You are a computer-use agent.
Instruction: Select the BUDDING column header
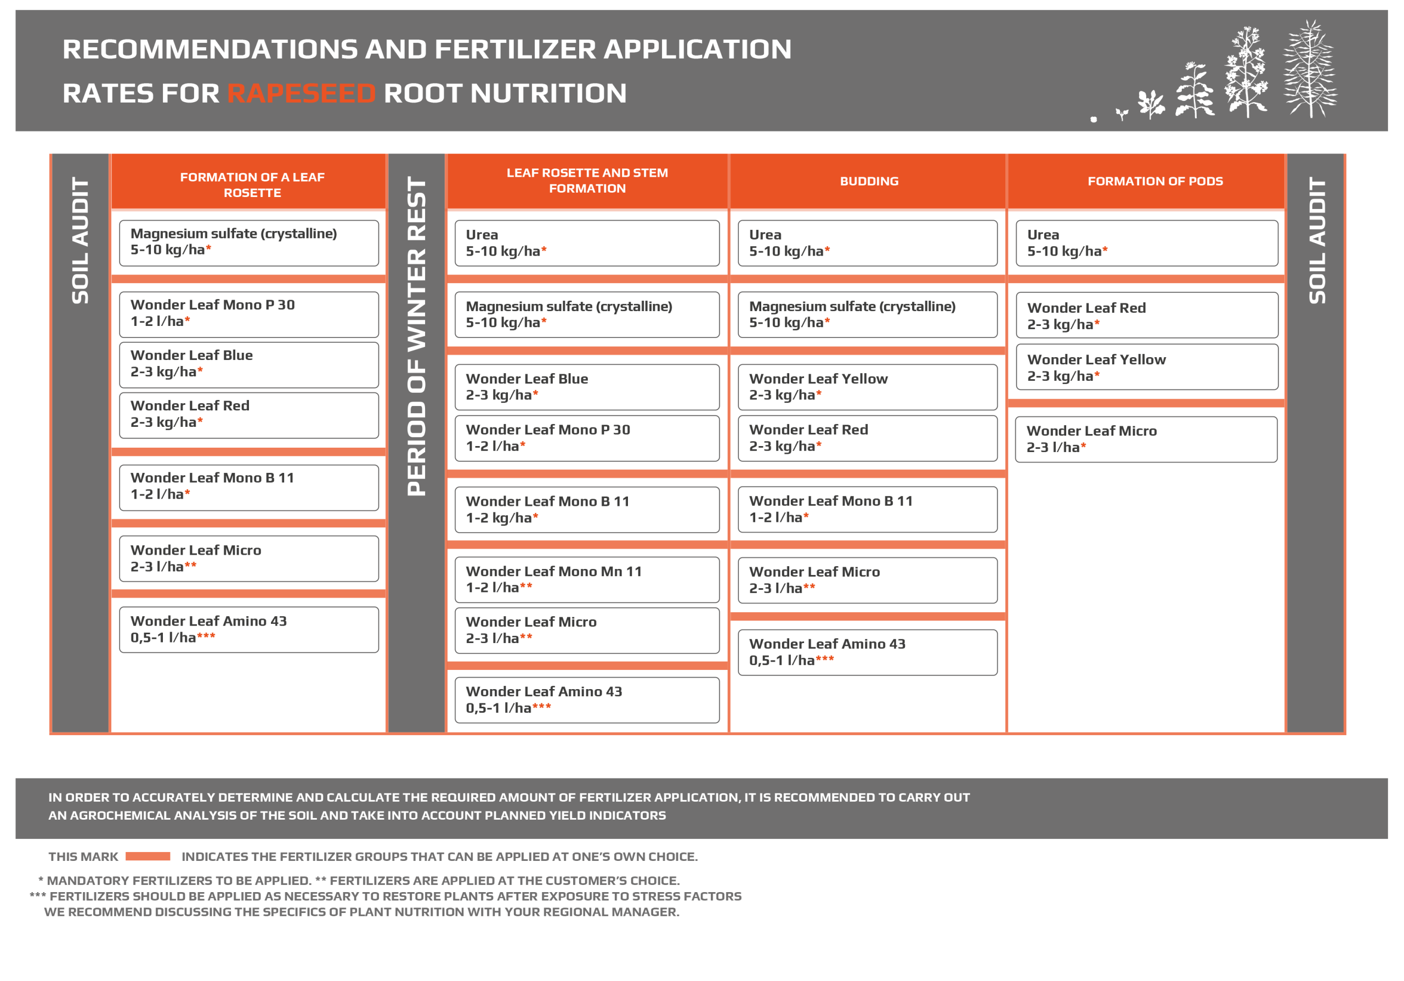click(869, 181)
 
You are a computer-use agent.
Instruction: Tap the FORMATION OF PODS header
click(1154, 181)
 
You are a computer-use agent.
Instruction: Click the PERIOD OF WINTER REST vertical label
click(416, 336)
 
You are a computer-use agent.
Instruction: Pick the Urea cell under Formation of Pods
click(1147, 244)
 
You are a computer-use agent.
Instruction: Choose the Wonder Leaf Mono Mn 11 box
click(586, 579)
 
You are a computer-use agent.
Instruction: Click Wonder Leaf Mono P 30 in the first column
click(249, 314)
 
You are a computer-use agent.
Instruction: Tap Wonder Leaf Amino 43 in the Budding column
click(867, 652)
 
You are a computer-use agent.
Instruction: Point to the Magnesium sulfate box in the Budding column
click(867, 314)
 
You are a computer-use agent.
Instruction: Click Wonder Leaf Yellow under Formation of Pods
click(1147, 368)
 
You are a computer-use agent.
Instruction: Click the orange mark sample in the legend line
click(148, 856)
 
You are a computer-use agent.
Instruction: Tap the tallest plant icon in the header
click(1310, 69)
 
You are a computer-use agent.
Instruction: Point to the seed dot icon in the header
click(1094, 119)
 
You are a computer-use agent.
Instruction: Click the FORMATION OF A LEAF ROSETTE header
click(252, 185)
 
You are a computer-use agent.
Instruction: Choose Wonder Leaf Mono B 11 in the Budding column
click(867, 509)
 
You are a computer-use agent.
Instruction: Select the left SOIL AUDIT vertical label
click(81, 240)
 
